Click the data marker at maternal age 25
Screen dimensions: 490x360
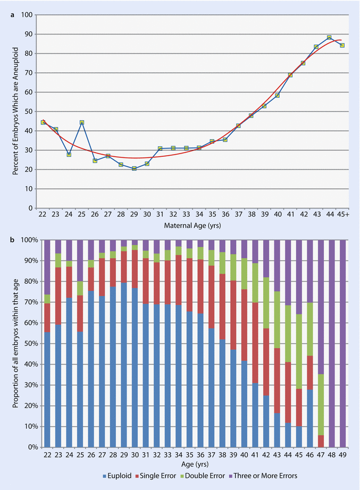[x=82, y=122]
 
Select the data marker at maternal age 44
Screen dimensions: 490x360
[x=329, y=38]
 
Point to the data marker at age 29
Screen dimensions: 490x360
[x=134, y=168]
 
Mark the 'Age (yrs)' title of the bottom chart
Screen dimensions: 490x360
[x=192, y=464]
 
